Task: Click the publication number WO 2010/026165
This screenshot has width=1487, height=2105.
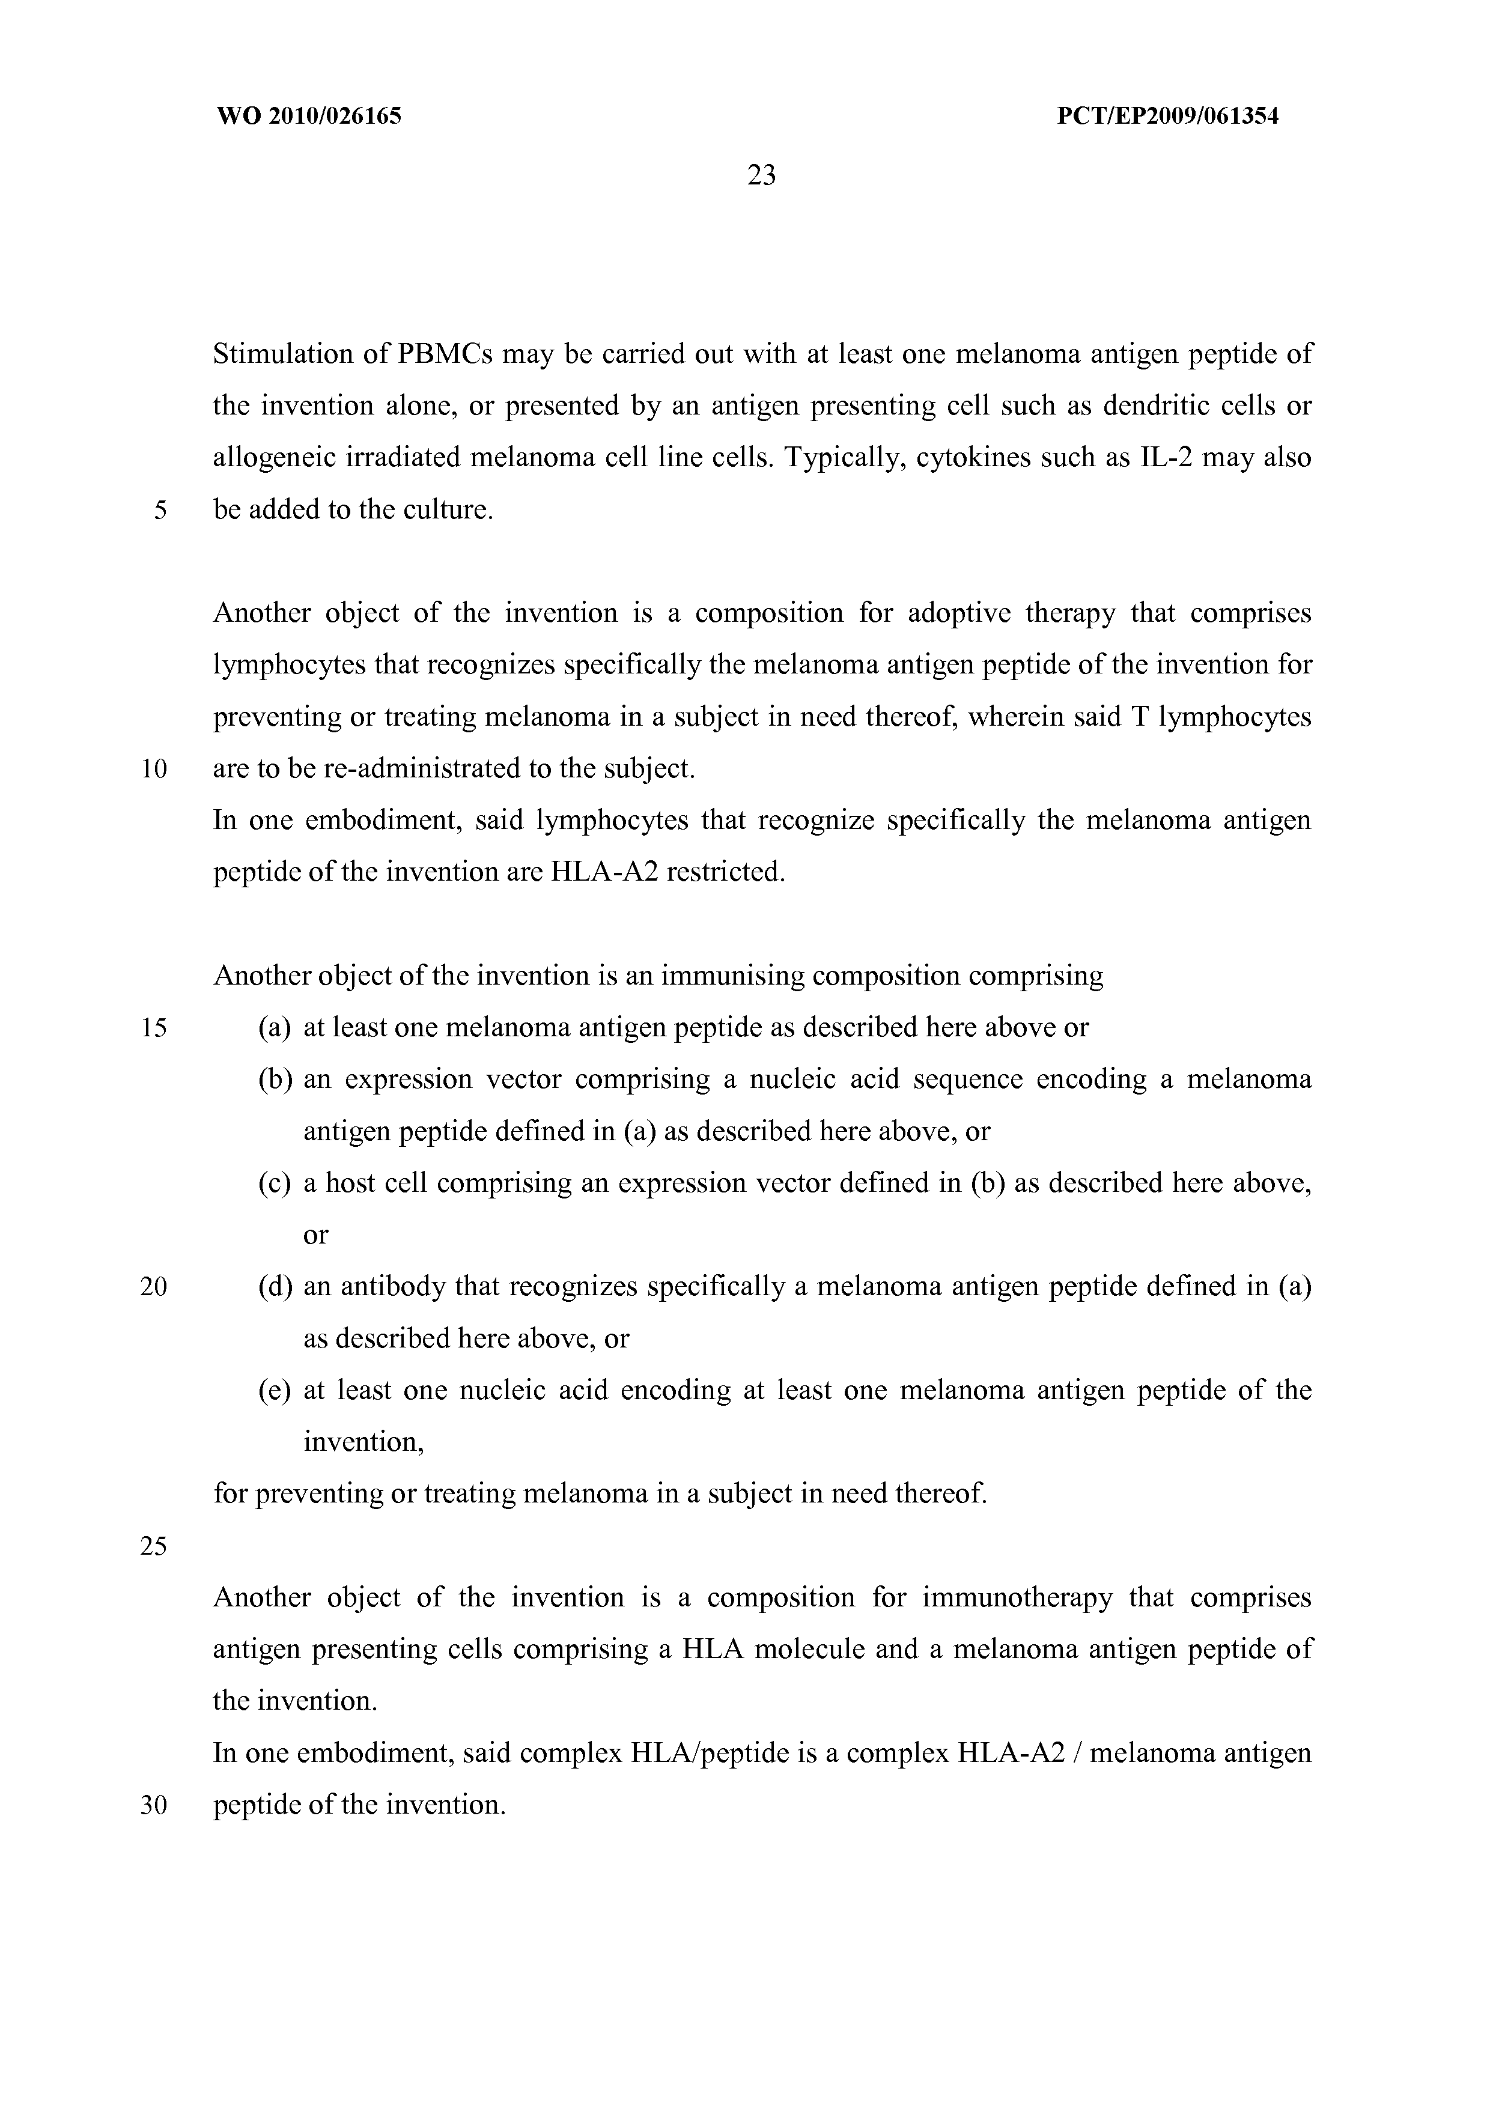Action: [308, 117]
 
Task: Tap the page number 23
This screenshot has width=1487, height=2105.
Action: [761, 175]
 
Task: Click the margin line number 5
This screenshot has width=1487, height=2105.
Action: [160, 511]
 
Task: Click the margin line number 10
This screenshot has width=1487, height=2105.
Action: [153, 768]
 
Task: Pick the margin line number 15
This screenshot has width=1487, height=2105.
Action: [153, 1028]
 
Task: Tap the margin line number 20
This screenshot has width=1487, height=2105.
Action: [153, 1287]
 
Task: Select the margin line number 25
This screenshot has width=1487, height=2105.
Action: [153, 1547]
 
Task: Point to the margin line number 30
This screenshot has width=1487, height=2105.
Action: [153, 1805]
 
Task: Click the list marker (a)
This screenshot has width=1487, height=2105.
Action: [275, 1028]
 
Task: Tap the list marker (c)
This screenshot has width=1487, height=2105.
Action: [275, 1183]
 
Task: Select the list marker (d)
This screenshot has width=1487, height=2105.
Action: [275, 1287]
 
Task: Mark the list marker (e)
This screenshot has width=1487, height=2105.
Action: [275, 1391]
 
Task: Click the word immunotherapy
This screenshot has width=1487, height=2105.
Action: [1017, 1598]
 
